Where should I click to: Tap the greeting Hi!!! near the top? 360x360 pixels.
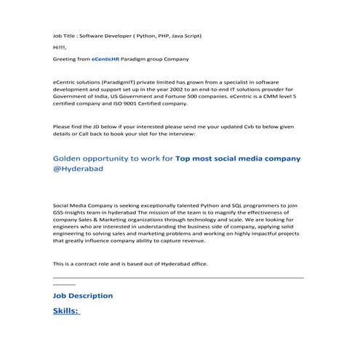(x=59, y=47)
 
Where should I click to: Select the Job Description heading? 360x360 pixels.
(x=83, y=296)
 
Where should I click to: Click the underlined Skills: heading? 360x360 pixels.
(x=66, y=311)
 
